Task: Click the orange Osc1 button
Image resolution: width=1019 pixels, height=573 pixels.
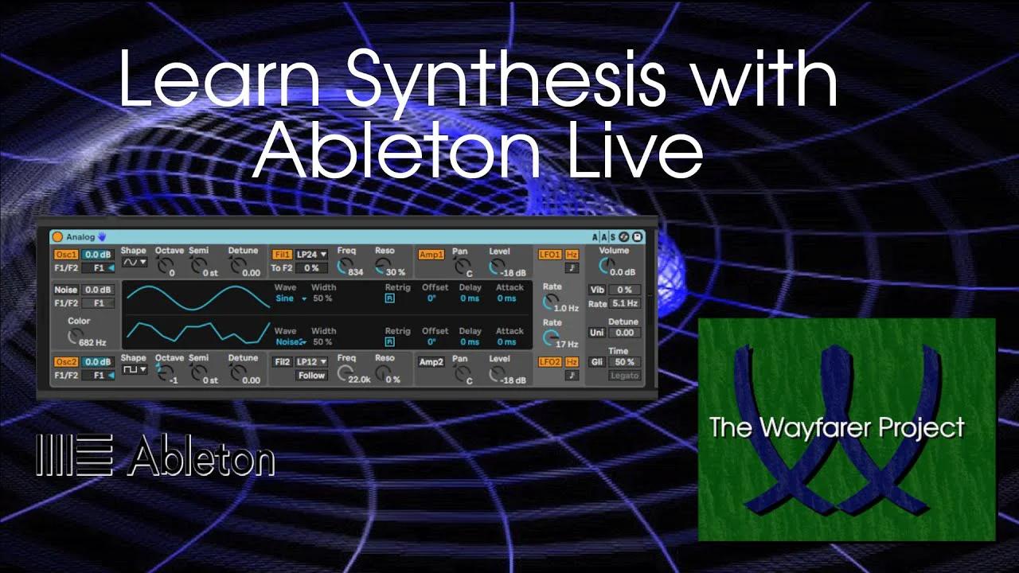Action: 65,255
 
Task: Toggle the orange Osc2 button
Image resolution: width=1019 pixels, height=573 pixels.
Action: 65,362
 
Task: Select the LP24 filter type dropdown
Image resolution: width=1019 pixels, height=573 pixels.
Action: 311,255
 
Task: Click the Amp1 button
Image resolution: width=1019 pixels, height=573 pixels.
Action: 431,255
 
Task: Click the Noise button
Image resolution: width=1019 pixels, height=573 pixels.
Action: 65,290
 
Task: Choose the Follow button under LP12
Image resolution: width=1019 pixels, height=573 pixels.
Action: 311,376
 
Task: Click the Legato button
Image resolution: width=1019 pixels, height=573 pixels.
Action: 624,376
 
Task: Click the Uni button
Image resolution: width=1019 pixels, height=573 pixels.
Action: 596,333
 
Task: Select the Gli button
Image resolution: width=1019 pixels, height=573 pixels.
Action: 596,362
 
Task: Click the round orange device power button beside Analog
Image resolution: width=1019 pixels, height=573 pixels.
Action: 57,237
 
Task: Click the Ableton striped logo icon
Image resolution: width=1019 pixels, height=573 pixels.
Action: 75,456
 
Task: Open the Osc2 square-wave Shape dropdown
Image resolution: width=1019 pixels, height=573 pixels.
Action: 134,369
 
